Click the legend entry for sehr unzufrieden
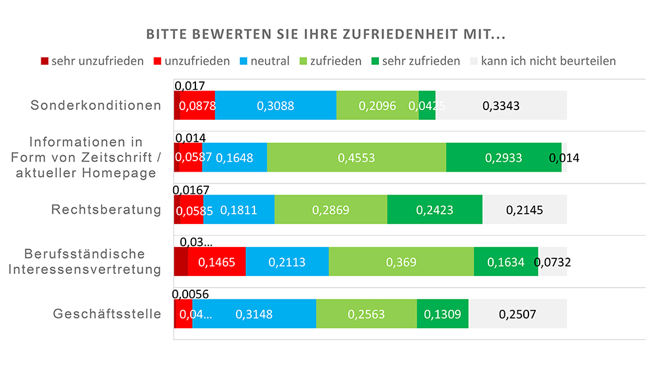click(x=92, y=61)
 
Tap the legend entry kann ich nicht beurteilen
click(x=542, y=61)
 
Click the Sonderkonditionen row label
click(x=96, y=106)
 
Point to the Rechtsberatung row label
click(x=106, y=210)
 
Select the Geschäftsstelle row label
click(x=107, y=314)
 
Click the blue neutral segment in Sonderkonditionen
click(x=275, y=106)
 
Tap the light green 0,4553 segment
click(x=356, y=157)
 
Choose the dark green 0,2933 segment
click(x=504, y=157)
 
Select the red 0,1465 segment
click(x=216, y=262)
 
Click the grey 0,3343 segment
click(x=501, y=106)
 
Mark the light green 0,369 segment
click(x=401, y=262)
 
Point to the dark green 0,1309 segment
click(x=442, y=314)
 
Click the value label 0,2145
click(x=524, y=210)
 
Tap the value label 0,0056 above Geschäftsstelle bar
click(x=191, y=294)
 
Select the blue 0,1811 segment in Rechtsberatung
click(x=239, y=210)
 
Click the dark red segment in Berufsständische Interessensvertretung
click(x=181, y=262)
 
